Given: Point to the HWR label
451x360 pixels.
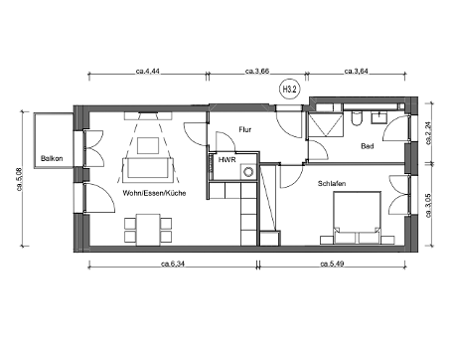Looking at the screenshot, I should pyautogui.click(x=227, y=158).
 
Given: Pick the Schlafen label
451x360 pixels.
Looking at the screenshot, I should pyautogui.click(x=332, y=184).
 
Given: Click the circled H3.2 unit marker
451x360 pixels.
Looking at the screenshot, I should pyautogui.click(x=291, y=90).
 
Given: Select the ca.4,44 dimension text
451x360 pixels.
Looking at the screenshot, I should pyautogui.click(x=149, y=72).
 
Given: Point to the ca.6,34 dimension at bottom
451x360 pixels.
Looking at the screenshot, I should pyautogui.click(x=176, y=264).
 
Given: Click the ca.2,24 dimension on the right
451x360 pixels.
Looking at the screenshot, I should pyautogui.click(x=428, y=132).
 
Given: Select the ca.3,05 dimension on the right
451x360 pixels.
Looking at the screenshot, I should pyautogui.click(x=428, y=205).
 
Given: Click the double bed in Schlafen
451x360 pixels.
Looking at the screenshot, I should pyautogui.click(x=353, y=216).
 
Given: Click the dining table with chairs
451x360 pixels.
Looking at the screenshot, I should pyautogui.click(x=143, y=231).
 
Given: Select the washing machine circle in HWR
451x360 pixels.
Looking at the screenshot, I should pyautogui.click(x=246, y=172).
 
